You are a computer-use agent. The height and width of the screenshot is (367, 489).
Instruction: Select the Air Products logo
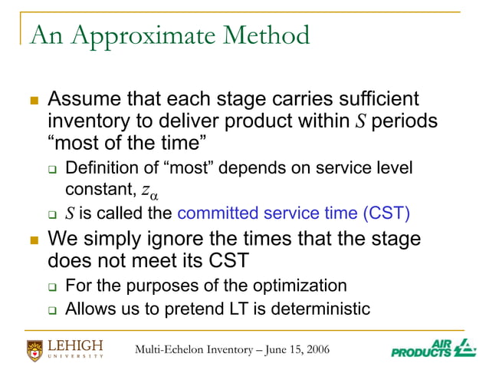click(433, 347)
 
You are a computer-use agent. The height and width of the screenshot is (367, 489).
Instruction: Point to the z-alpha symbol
click(149, 191)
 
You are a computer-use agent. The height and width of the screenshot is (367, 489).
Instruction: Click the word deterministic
click(320, 309)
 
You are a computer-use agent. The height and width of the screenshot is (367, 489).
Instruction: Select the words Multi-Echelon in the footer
click(167, 350)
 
